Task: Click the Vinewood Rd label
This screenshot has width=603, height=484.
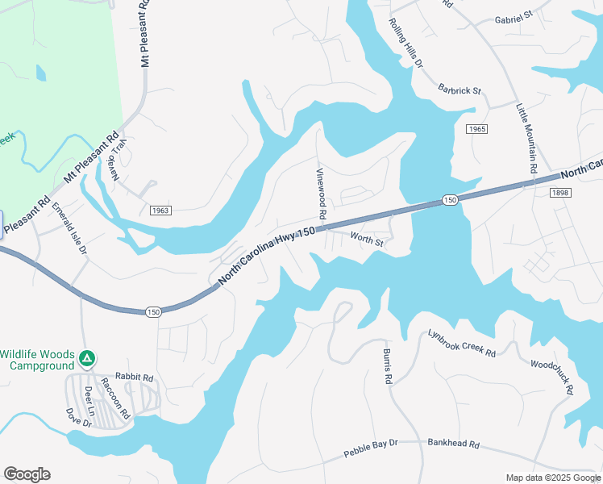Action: (320, 194)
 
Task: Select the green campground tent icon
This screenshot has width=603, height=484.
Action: (89, 357)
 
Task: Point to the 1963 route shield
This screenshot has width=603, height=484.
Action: (160, 211)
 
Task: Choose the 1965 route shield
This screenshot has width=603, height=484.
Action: (476, 128)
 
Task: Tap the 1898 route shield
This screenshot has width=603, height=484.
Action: (561, 192)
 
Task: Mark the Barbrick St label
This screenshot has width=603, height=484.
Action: (460, 90)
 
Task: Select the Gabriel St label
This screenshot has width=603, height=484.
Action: (514, 16)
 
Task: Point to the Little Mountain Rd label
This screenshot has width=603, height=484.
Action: (526, 138)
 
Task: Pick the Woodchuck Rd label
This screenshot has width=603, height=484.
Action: (552, 377)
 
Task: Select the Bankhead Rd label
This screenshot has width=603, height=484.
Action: (454, 444)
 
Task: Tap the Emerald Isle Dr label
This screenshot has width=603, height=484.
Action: (70, 229)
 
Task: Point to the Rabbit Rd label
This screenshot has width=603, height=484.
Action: (134, 375)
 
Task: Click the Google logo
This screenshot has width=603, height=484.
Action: (27, 474)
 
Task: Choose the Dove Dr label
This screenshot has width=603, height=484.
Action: (78, 418)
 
